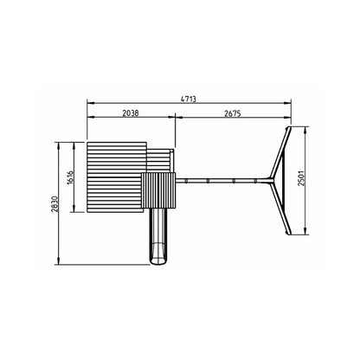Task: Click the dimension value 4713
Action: click(189, 100)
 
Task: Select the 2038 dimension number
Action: click(131, 113)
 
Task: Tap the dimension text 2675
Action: click(233, 113)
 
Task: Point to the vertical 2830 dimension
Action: click(55, 204)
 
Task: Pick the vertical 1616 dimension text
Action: click(70, 178)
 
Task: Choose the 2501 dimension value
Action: click(301, 178)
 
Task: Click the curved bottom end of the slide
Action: click(157, 260)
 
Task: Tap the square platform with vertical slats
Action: click(158, 190)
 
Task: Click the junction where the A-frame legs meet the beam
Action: click(271, 181)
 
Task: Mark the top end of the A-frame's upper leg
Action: click(288, 129)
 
